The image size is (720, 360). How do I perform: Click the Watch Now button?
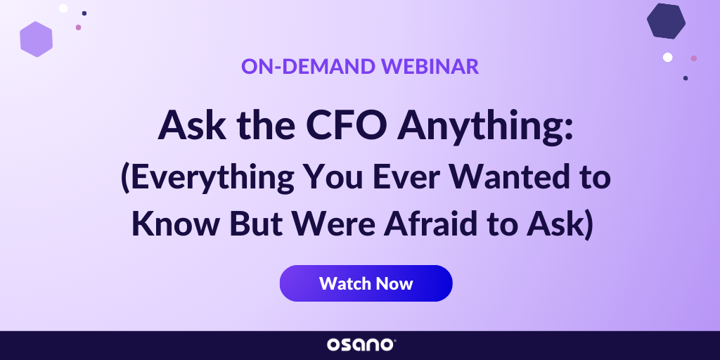point(366,283)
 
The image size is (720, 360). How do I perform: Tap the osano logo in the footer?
point(361,345)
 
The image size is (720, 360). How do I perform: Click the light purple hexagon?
point(37,39)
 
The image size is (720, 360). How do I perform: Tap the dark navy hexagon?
point(666,21)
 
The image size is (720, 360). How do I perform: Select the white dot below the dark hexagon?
point(667,57)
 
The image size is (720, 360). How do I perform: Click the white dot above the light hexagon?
point(63,8)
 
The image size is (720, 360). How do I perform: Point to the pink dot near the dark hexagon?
point(693,58)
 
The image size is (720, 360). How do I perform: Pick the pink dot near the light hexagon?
point(78,27)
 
